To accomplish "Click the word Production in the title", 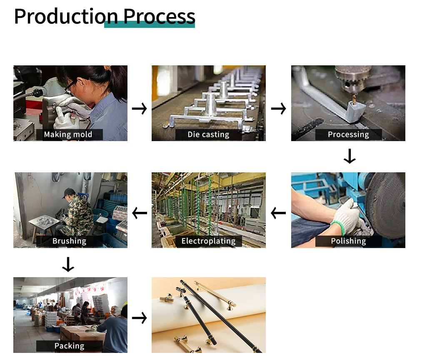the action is [66, 17].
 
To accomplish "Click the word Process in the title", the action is [159, 17].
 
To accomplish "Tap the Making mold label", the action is [68, 134].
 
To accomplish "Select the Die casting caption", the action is [208, 134].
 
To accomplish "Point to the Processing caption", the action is [348, 134].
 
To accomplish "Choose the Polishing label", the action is [348, 241].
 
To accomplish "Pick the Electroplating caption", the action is [208, 241].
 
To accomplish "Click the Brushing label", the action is [70, 241].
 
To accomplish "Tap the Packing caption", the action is [70, 346].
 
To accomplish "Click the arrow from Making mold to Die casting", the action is [140, 109].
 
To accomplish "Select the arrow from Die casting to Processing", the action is [279, 109].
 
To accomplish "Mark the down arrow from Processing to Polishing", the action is [350, 156].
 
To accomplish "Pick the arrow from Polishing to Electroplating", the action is [278, 213].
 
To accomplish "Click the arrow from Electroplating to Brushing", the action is [140, 213].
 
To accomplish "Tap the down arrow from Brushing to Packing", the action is [68, 265].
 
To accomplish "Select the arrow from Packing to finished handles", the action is [140, 318].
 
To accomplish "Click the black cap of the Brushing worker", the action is [69, 192].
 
